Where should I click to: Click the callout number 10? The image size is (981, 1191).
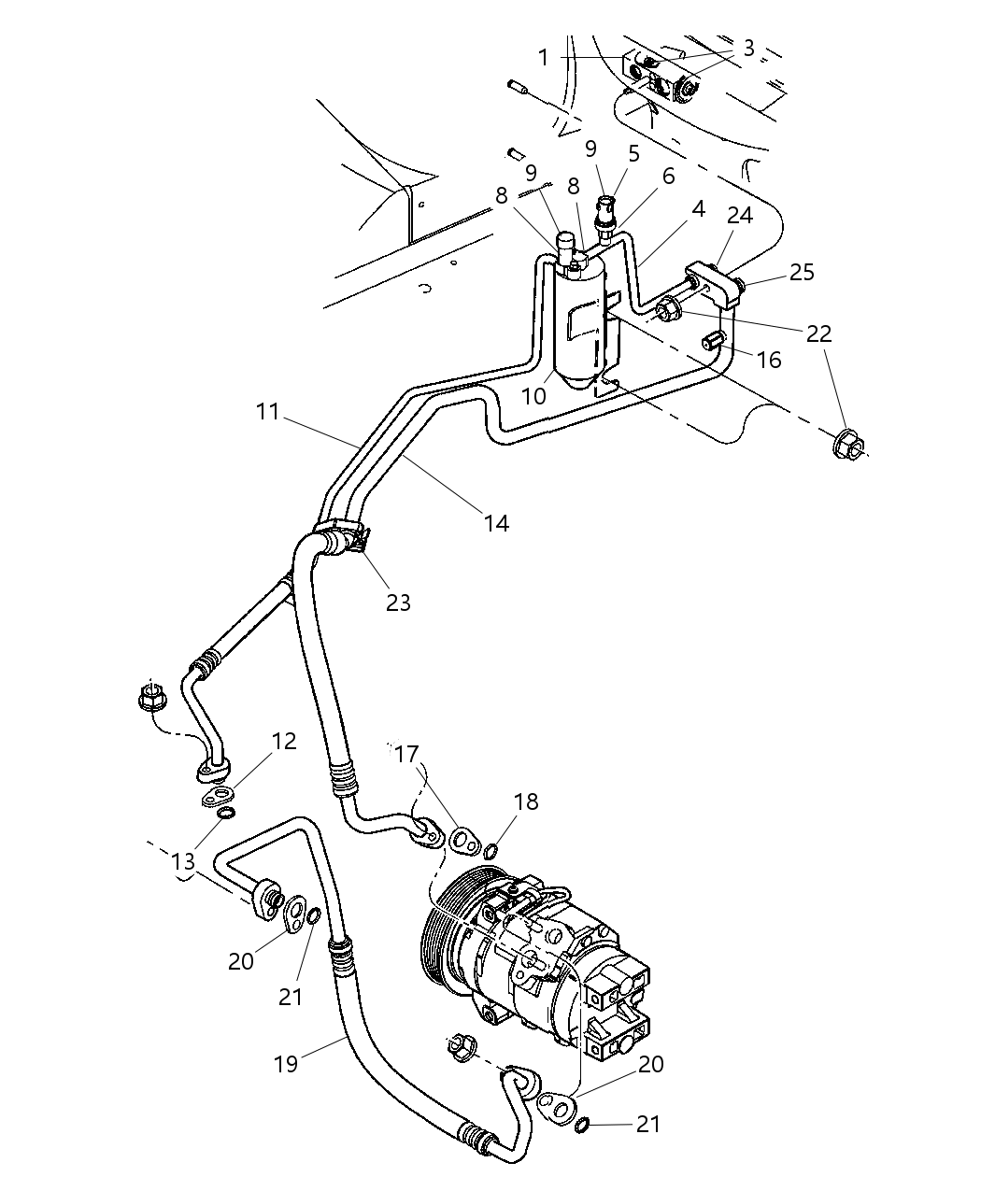coord(533,395)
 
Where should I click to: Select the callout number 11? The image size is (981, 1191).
coord(268,411)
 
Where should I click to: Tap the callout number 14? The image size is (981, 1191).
coord(496,523)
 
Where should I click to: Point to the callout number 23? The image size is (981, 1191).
coord(398,603)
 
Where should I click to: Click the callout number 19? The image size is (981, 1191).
coord(286,1063)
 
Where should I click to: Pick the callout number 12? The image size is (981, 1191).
coord(284,742)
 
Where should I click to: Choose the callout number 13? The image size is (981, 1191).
coord(183,862)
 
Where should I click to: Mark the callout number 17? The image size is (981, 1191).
coord(406,753)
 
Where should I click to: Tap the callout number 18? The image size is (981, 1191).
coord(526,801)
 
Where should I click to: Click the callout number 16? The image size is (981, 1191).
coord(769,360)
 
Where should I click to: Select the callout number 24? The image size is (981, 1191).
coord(739,216)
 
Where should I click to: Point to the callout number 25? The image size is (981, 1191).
coord(802,272)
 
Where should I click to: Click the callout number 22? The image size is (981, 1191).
coord(818,333)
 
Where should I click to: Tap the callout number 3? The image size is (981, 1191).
coord(748,48)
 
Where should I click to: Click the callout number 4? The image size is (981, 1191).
coord(697,211)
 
